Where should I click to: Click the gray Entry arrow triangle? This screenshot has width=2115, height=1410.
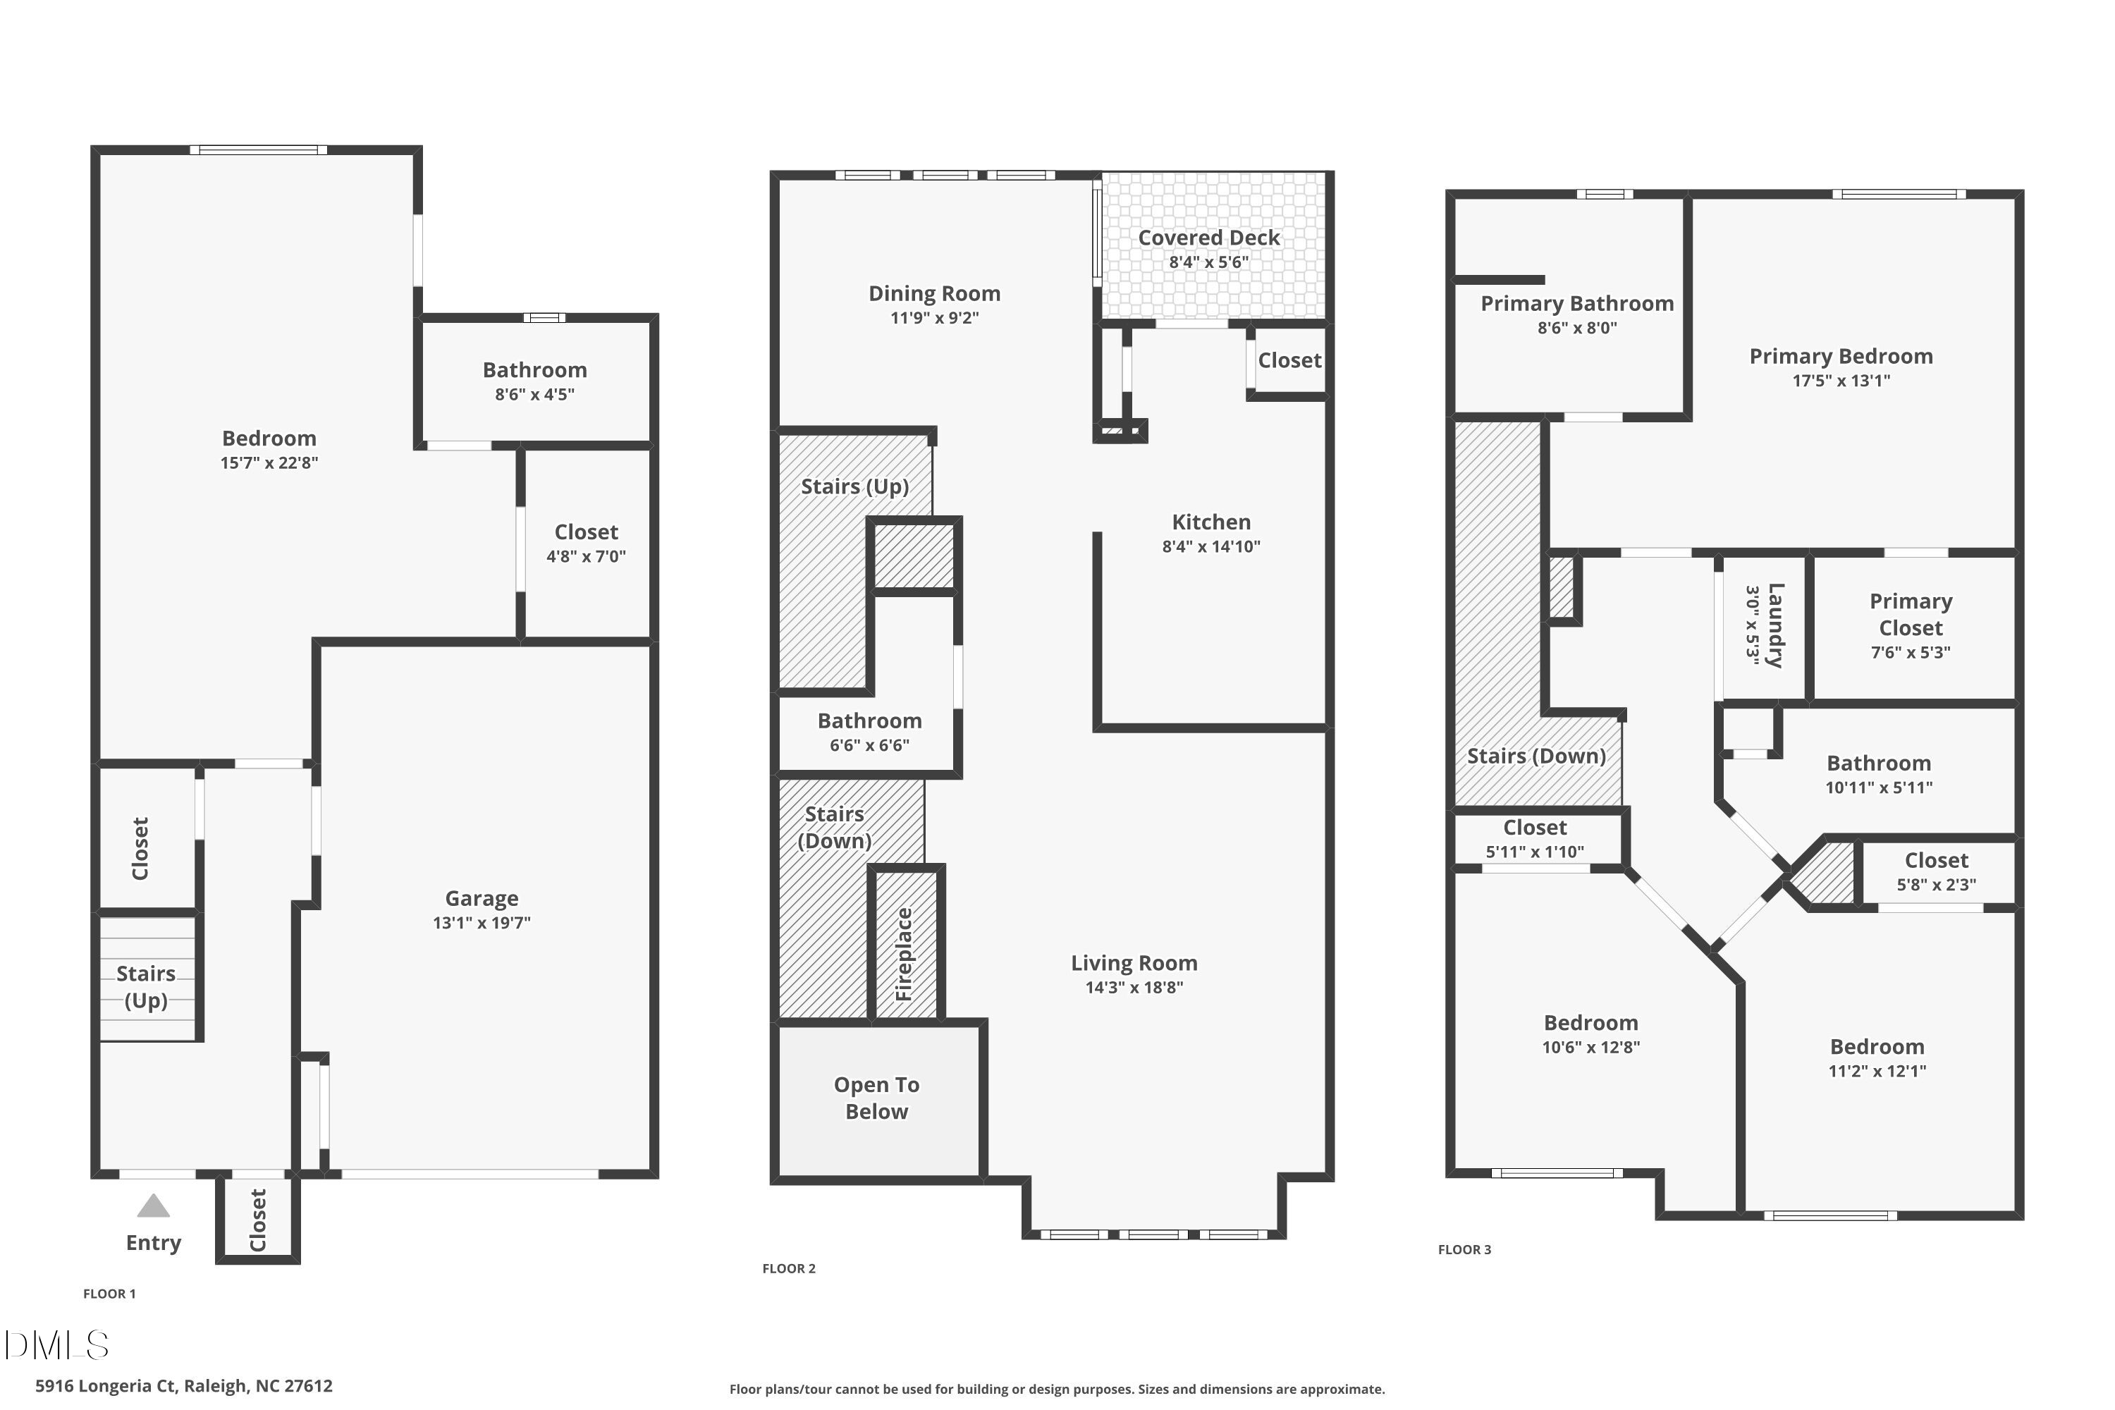coord(154,1206)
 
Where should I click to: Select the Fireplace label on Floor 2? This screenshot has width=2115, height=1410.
coord(905,954)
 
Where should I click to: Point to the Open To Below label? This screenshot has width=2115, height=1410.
coord(877,1098)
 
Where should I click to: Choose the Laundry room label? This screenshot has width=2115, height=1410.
coord(1775,626)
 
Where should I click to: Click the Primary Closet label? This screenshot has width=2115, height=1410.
coord(1911,614)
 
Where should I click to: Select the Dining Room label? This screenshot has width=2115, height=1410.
coord(934,293)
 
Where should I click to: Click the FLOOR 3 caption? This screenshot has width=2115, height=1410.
coord(1464,1249)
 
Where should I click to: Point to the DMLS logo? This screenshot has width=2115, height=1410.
coord(56,1345)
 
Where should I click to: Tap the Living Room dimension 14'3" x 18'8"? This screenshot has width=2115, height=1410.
coord(1134,988)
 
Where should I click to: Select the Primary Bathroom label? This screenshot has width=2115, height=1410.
coord(1577,304)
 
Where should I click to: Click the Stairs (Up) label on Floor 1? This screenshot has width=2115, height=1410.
coord(146,986)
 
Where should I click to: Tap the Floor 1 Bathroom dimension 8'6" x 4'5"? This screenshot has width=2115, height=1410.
coord(534,395)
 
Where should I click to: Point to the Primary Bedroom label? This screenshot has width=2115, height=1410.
coord(1841,356)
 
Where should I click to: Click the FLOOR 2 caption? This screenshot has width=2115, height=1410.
coord(789,1268)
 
